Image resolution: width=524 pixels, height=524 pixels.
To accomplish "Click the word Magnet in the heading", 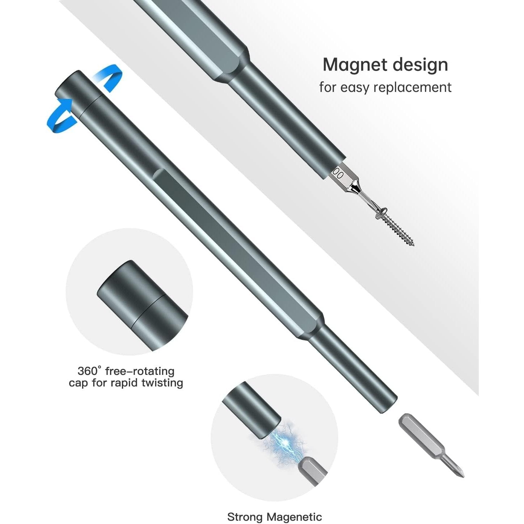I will (x=355, y=65).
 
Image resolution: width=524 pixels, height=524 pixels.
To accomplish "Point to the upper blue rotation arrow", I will (x=109, y=74).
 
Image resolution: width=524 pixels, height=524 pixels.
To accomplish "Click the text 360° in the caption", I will (x=89, y=371).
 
